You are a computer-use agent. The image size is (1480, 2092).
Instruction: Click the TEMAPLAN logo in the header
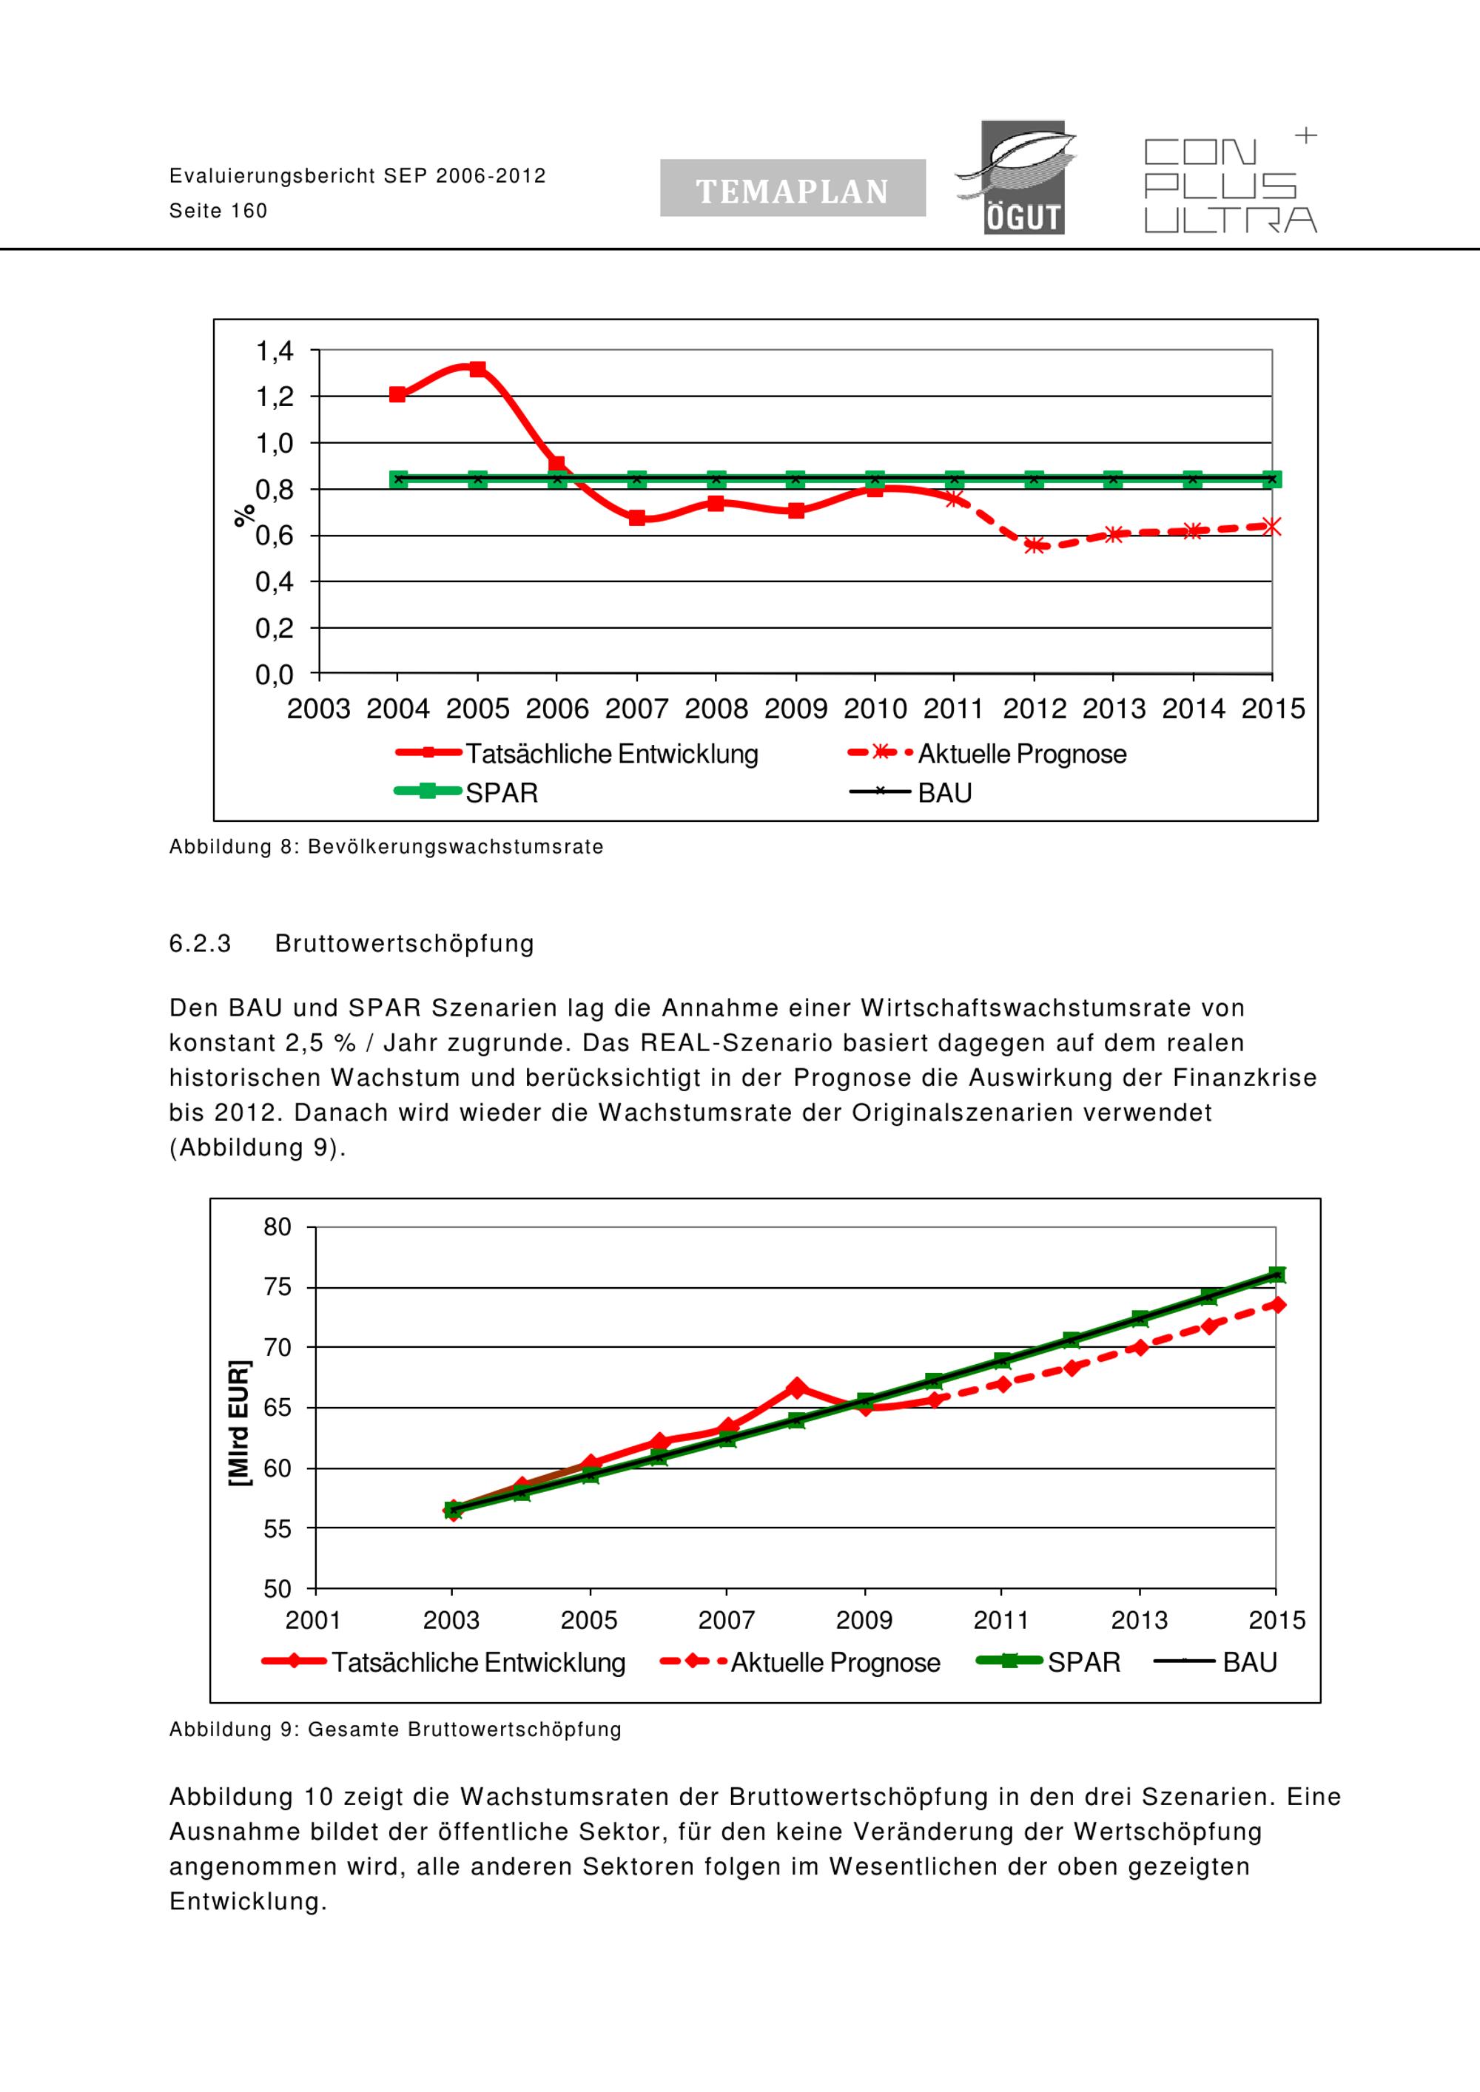point(793,188)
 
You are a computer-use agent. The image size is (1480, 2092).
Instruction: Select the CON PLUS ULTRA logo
point(1231,182)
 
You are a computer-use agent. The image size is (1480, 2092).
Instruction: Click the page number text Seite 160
point(219,212)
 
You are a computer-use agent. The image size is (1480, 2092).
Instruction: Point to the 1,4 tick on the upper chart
point(275,351)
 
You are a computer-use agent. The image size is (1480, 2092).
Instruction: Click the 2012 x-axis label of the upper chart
point(1034,709)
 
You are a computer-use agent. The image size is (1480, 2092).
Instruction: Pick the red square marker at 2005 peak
point(477,369)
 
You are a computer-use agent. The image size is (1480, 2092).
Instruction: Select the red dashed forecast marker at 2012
point(1034,545)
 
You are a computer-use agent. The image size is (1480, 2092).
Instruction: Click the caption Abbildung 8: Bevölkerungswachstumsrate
point(386,847)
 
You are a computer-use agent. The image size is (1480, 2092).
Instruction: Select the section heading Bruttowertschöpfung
point(405,943)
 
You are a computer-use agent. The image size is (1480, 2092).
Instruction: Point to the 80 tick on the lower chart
point(277,1227)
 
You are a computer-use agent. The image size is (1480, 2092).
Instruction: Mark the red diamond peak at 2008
point(796,1388)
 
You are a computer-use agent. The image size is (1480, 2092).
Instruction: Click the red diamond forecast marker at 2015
point(1276,1305)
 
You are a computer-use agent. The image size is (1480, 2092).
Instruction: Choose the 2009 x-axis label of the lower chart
point(864,1620)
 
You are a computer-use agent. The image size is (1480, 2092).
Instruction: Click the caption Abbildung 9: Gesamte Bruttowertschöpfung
point(395,1730)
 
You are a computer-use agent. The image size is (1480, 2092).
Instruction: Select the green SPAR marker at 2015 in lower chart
point(1276,1275)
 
